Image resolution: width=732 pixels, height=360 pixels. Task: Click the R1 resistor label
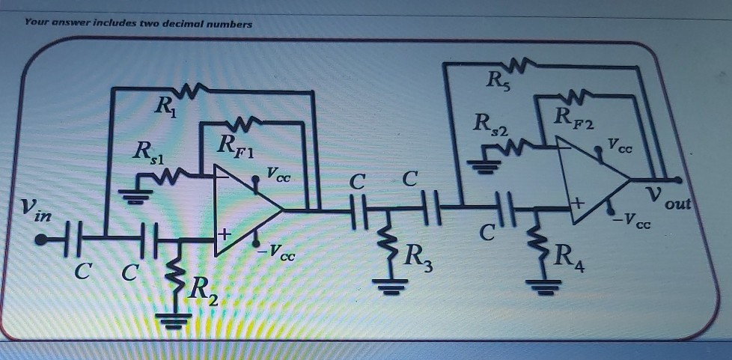click(x=166, y=109)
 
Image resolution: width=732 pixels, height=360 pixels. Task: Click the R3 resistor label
click(x=418, y=257)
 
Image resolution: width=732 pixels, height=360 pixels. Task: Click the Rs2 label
click(x=489, y=125)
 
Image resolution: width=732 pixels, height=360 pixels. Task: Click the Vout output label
click(x=668, y=200)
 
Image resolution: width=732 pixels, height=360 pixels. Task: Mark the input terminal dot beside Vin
click(x=41, y=240)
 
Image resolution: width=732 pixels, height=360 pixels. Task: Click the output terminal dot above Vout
click(x=677, y=180)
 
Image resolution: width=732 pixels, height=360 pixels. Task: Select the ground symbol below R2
click(x=174, y=321)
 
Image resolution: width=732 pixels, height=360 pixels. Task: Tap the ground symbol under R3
click(x=391, y=286)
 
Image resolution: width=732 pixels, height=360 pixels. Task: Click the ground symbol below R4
click(x=543, y=287)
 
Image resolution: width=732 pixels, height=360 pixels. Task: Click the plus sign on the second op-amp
click(x=579, y=204)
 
